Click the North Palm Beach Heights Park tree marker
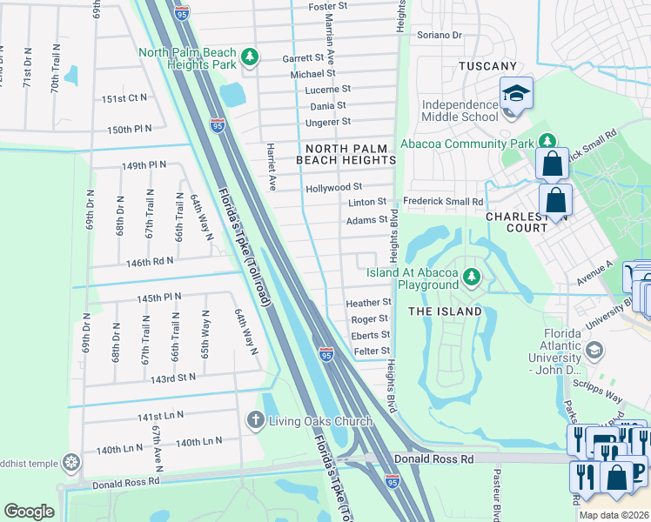click(251, 57)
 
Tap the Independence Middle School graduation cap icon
click(515, 92)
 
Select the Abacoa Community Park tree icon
click(547, 141)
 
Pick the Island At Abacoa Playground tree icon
click(472, 277)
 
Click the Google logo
click(29, 512)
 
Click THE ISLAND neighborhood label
click(445, 311)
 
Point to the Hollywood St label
click(333, 187)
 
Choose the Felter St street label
click(370, 350)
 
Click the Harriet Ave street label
click(271, 167)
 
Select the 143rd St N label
click(173, 378)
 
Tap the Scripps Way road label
click(602, 394)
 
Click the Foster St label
click(327, 6)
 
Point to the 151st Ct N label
click(124, 98)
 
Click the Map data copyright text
click(614, 515)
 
